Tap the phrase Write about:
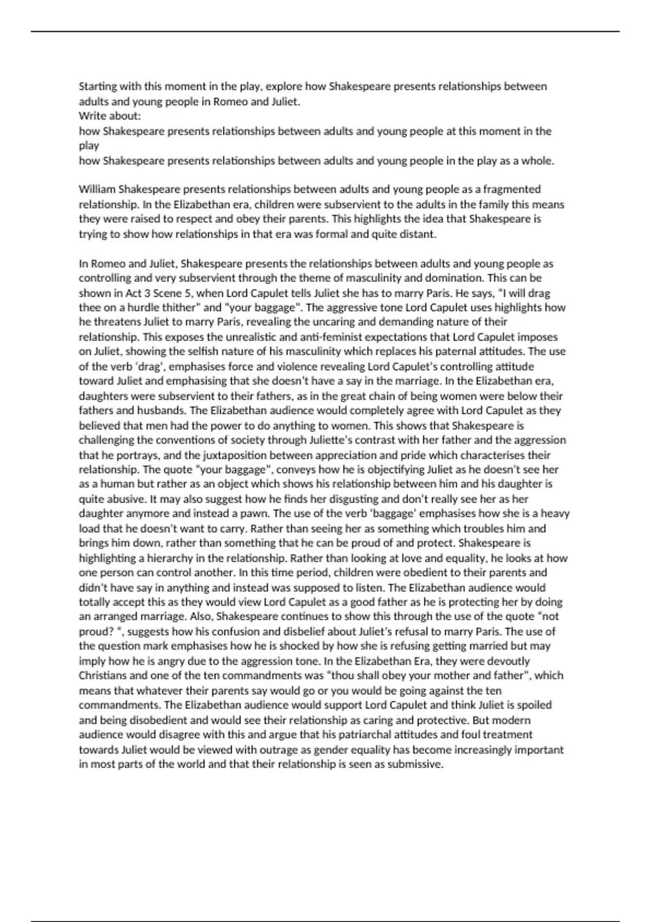pos(110,116)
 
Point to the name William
pos(97,189)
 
